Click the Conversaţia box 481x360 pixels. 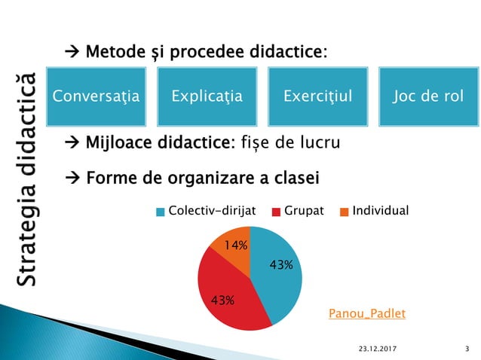pos(97,97)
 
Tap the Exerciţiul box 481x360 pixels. pos(317,97)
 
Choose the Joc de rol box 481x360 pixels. pos(427,97)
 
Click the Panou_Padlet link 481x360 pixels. pos(367,313)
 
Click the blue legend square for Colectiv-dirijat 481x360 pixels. pos(160,212)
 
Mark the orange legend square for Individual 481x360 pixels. pos(345,212)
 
